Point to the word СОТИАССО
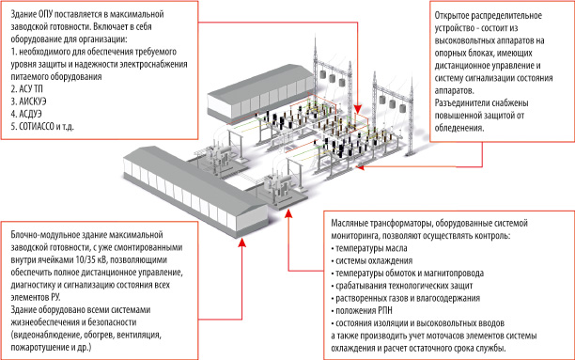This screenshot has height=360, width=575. pos(37,126)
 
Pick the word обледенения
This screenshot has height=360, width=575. pos(459,128)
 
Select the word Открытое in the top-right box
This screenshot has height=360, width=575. pos(451,16)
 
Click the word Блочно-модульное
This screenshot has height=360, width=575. pos(44,235)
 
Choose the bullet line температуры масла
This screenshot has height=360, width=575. pos(369,248)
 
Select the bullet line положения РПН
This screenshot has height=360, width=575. pos(362,311)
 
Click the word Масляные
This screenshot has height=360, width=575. pos(350,223)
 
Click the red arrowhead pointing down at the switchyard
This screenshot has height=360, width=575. pos(358,109)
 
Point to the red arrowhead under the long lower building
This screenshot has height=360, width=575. pos(241,242)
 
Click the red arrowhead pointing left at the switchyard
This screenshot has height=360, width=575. pos(360,167)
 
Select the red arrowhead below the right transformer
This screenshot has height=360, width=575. pos(288,212)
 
